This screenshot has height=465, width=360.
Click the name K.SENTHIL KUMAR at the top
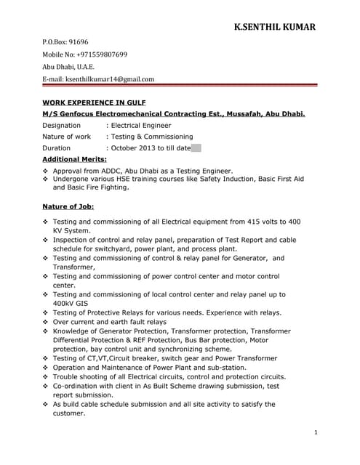coord(274,28)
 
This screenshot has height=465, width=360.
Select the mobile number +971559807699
coord(101,54)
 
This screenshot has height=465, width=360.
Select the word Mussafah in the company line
coord(246,114)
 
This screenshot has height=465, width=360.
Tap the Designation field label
coord(61,125)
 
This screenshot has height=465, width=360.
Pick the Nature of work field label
coord(66,136)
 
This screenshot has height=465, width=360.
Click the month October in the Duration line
coord(124,147)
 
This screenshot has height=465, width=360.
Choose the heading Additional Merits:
coord(74,158)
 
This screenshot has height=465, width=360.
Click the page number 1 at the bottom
coord(316,433)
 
